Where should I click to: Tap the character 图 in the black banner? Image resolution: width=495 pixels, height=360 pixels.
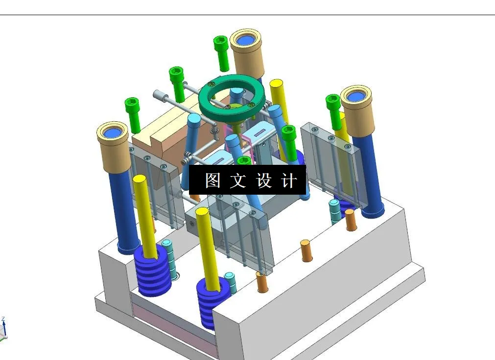pos(212,180)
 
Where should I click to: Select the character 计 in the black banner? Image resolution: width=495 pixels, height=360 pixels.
pos(289,180)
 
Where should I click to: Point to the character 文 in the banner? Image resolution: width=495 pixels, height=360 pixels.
pos(238,180)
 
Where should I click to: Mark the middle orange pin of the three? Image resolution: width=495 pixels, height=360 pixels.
pos(306,250)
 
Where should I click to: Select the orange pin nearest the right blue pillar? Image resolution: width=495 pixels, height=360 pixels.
pos(350,220)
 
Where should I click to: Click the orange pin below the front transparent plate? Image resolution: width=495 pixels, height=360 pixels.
pos(262,282)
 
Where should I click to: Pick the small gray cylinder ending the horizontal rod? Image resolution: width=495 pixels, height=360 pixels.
pos(158,94)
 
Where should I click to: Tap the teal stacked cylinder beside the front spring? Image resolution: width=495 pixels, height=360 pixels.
pos(230,283)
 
